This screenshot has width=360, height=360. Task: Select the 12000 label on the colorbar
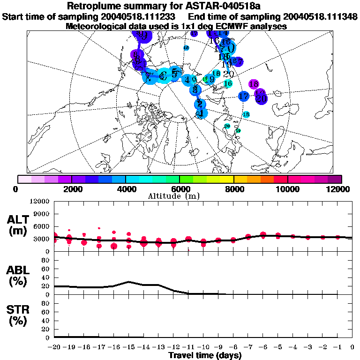(338, 189)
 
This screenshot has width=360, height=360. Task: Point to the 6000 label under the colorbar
(180, 189)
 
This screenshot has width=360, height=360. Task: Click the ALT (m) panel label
(20, 225)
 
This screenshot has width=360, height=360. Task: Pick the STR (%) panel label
(20, 315)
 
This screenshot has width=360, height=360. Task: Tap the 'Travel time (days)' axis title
(205, 355)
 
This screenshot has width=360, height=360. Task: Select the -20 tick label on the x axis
(55, 347)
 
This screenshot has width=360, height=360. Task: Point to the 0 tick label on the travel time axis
(352, 347)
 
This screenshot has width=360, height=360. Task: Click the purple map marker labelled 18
(254, 84)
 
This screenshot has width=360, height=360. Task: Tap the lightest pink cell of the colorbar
(24, 179)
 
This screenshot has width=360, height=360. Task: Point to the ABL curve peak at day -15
(129, 282)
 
